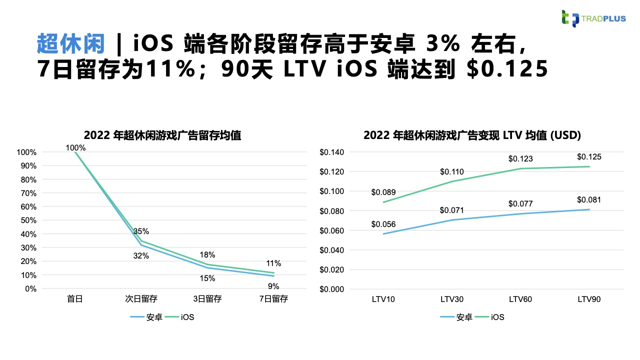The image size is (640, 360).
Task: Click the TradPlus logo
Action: pyautogui.click(x=592, y=18)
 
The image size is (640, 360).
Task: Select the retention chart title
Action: pyautogui.click(x=162, y=135)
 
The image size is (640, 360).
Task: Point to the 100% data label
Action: pyautogui.click(x=75, y=147)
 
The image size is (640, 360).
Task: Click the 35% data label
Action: pyautogui.click(x=141, y=231)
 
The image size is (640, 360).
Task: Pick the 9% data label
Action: pyautogui.click(x=273, y=286)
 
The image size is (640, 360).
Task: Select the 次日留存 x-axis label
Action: pyautogui.click(x=141, y=299)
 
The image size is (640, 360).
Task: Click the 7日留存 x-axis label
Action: pyautogui.click(x=273, y=299)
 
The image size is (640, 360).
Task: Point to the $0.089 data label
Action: pyautogui.click(x=383, y=192)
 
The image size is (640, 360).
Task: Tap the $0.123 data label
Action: pyautogui.click(x=520, y=159)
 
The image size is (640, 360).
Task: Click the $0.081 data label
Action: pyautogui.click(x=589, y=199)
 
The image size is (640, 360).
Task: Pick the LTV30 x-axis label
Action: pyautogui.click(x=452, y=299)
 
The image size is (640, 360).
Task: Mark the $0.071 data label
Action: pyautogui.click(x=452, y=210)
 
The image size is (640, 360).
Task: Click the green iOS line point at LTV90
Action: pyautogui.click(x=589, y=166)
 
